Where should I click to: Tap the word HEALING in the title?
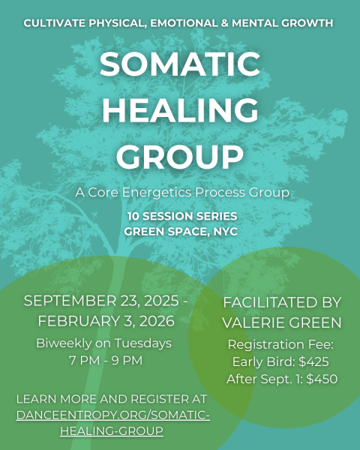[x=180, y=110]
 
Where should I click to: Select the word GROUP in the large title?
[x=180, y=157]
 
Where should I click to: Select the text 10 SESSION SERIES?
[x=180, y=217]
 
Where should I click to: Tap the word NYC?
[x=224, y=232]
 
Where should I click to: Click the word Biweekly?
[x=67, y=343]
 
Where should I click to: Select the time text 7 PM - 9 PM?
[x=103, y=361]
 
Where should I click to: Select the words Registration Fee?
[x=281, y=344]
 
